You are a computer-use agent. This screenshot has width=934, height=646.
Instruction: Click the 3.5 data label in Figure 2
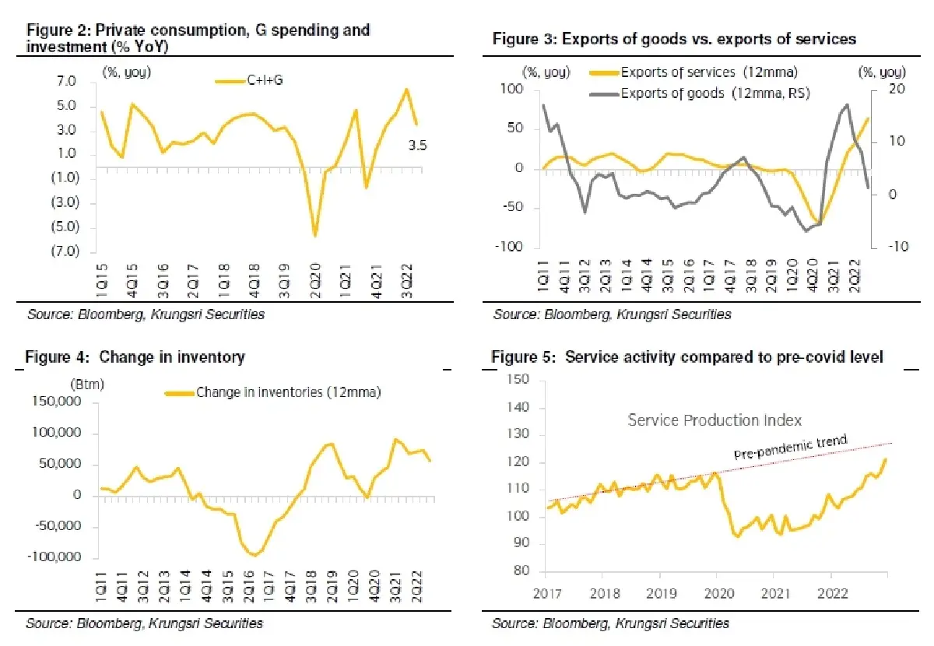(x=417, y=145)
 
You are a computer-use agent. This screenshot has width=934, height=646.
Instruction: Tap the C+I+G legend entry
(x=249, y=80)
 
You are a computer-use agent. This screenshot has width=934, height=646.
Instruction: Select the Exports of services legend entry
(x=693, y=72)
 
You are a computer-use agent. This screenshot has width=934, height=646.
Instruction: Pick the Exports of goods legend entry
(x=700, y=93)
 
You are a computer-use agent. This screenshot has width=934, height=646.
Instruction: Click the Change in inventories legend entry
(x=273, y=392)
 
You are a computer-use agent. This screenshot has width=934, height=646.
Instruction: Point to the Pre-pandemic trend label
(x=791, y=447)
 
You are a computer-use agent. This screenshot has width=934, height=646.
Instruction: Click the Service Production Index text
(x=715, y=420)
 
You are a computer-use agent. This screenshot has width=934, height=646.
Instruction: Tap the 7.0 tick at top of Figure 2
(x=67, y=81)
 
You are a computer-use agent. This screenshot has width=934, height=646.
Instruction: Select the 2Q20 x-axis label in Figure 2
(x=316, y=280)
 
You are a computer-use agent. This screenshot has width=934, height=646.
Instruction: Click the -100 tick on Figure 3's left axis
(x=509, y=247)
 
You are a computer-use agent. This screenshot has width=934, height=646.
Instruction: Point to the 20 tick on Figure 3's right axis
(x=897, y=89)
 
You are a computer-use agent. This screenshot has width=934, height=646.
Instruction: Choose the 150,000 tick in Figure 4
(x=57, y=401)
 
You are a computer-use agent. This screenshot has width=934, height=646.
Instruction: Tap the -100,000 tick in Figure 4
(x=54, y=557)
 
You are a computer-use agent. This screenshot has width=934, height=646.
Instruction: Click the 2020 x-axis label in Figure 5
(x=719, y=593)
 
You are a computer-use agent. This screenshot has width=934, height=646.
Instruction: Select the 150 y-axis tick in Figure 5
(x=518, y=379)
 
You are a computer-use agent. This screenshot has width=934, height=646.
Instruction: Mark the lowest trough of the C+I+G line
(x=315, y=236)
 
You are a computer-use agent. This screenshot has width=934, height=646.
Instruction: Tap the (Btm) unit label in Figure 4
(x=87, y=384)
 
